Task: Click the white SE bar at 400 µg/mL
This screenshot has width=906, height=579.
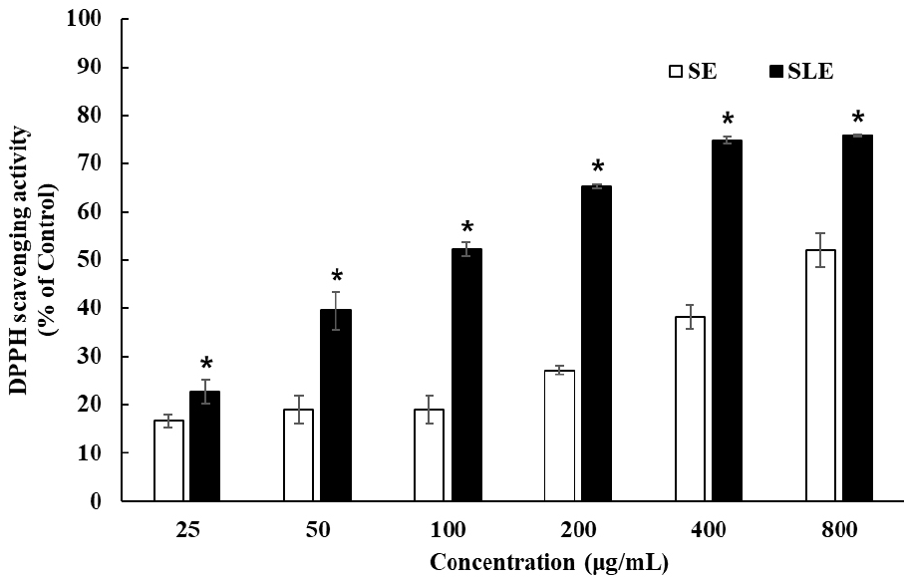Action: (x=690, y=409)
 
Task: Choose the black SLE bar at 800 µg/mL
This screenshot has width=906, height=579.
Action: (x=857, y=318)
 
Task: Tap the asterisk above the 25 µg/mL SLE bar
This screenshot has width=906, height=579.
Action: (x=206, y=365)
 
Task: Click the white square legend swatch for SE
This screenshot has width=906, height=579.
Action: (x=676, y=72)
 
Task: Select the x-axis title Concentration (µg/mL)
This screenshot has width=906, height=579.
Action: (x=549, y=562)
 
